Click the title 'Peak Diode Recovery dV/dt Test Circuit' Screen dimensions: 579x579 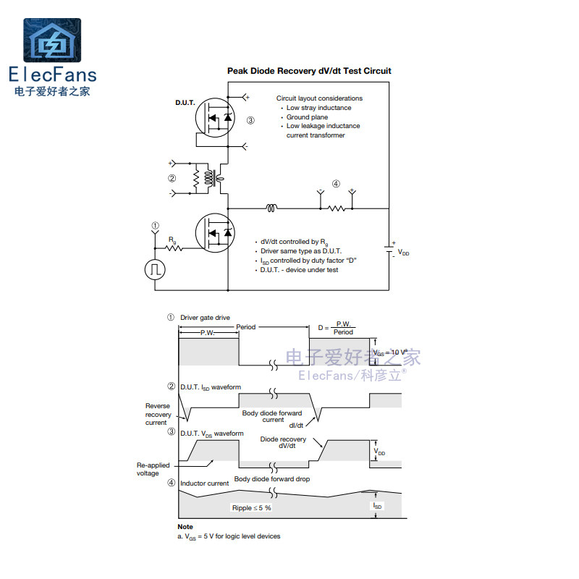309,71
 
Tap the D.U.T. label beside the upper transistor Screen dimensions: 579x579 185,103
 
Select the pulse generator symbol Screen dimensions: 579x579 155,270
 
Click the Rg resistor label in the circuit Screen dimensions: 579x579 172,240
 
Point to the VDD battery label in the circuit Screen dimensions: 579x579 404,253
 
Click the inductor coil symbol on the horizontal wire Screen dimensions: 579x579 271,208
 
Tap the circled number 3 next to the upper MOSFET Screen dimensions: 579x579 250,121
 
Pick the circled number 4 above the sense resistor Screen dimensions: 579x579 336,184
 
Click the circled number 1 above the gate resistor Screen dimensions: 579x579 154,226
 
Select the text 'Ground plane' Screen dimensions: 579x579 307,117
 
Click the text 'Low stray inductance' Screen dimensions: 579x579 318,108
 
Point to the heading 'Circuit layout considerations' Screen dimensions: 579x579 319,98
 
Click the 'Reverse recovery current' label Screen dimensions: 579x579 159,415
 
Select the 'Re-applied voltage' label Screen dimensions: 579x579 153,470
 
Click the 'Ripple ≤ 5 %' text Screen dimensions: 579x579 251,508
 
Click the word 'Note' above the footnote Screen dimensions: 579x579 185,527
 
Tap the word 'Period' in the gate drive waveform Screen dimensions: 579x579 246,327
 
